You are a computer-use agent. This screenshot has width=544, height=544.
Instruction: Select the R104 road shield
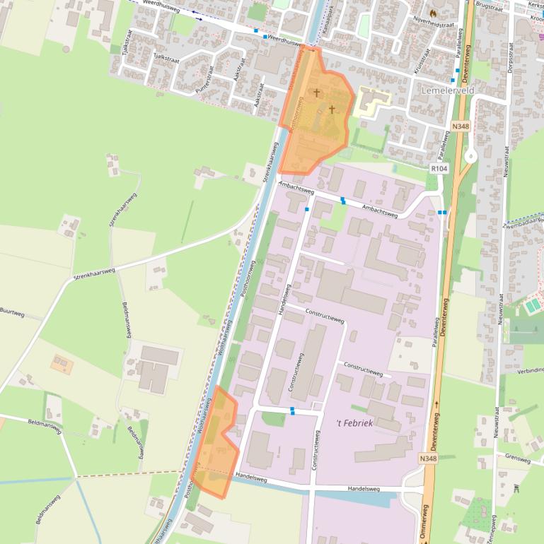click(x=439, y=169)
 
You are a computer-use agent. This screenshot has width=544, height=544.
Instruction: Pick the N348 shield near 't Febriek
click(x=428, y=459)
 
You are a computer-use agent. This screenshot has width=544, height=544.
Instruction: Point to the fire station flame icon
click(x=444, y=12)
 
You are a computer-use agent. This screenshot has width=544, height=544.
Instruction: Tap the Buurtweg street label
click(x=12, y=311)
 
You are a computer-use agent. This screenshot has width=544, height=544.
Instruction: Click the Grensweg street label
click(x=518, y=458)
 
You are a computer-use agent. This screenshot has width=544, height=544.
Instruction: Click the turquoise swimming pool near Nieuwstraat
click(x=531, y=304)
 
